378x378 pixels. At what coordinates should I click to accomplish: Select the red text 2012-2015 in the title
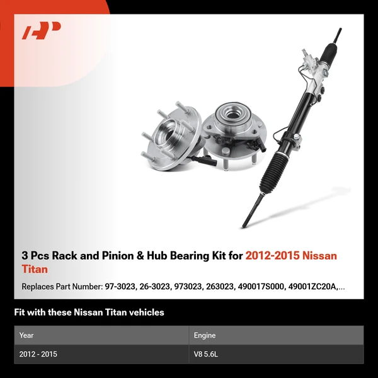click(272, 255)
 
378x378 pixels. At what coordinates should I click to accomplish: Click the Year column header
click(26, 335)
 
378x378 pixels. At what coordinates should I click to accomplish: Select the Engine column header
click(205, 335)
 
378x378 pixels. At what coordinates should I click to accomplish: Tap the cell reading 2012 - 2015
click(38, 354)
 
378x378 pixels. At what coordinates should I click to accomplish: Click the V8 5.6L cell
click(206, 354)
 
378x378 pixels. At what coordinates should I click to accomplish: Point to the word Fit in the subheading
click(20, 312)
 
